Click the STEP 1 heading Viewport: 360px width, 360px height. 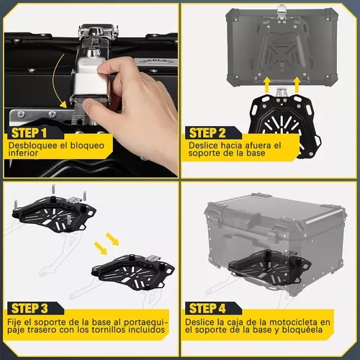pos(29,133)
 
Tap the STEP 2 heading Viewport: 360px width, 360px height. pos(207,133)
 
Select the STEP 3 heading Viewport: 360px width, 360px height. pos(30,308)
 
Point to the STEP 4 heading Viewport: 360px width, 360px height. pos(207,308)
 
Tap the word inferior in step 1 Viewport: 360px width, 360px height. pos(23,153)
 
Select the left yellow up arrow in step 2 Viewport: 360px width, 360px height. pos(266,85)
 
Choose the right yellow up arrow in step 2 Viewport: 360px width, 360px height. pos(297,85)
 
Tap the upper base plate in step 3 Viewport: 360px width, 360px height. pos(54,213)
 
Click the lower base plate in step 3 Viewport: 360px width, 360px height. pos(133,272)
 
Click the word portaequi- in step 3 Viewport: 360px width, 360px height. pos(145,322)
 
